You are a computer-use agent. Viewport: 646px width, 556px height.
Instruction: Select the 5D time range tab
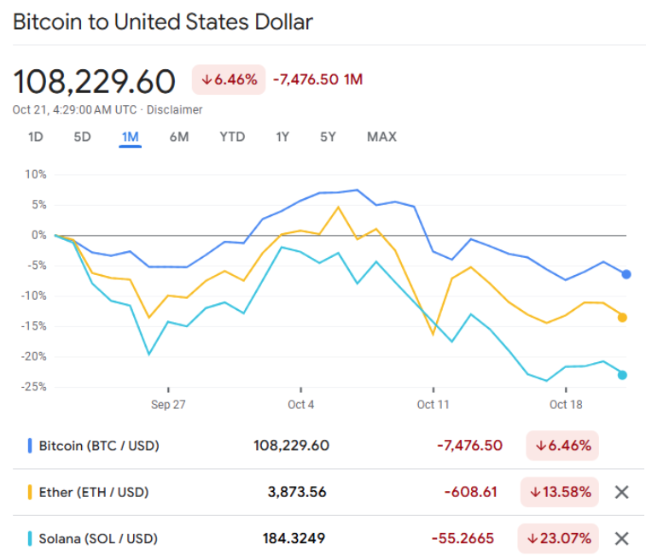click(x=82, y=137)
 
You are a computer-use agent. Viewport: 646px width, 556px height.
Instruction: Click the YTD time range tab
click(x=232, y=137)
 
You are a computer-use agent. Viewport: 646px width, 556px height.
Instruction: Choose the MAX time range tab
click(x=381, y=137)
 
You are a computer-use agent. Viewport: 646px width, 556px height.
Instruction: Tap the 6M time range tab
click(x=179, y=137)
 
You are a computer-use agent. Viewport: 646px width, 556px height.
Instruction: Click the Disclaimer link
click(x=175, y=110)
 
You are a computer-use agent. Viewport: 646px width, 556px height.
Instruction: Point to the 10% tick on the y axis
click(x=36, y=174)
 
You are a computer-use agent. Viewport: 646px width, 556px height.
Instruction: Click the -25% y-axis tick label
click(x=33, y=387)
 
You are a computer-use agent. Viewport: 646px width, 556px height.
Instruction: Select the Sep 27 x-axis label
click(x=168, y=405)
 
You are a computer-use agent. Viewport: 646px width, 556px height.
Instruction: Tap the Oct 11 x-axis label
click(x=434, y=405)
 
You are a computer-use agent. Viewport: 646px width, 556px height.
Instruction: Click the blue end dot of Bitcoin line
click(x=626, y=274)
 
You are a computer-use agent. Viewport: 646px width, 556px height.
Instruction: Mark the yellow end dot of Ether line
click(x=623, y=318)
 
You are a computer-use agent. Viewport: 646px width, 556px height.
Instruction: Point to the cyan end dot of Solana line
click(x=622, y=375)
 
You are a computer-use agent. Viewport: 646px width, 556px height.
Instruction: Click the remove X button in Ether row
click(x=622, y=492)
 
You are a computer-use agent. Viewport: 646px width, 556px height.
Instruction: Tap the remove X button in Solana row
click(x=622, y=539)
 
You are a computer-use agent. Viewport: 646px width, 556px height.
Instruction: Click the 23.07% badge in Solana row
click(x=558, y=539)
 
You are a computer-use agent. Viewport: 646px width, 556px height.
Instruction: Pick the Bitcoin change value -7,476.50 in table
click(x=469, y=446)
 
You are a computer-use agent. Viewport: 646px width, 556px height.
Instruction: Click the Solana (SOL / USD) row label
click(x=97, y=539)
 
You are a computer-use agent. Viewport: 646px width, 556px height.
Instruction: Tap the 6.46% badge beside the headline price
click(x=229, y=79)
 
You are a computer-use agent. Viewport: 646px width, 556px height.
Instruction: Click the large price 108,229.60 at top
click(x=94, y=81)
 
